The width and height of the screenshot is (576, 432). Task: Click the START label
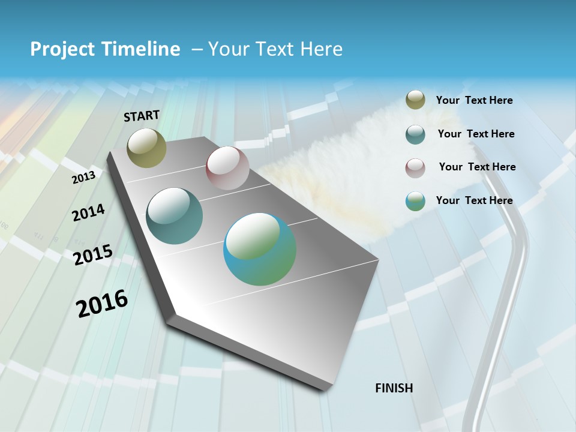point(142,116)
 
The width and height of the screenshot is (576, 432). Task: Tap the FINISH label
point(394,388)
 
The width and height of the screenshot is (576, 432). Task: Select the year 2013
point(83,177)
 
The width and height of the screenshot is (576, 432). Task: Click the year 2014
point(88,212)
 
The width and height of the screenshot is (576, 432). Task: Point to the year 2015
point(92,255)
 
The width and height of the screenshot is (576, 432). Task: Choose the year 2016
point(102,304)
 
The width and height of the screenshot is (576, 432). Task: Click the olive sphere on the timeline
point(147,148)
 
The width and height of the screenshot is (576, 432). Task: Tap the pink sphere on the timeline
point(227,168)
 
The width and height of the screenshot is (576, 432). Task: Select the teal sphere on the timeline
point(175,216)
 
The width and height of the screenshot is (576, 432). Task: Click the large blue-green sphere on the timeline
point(260,249)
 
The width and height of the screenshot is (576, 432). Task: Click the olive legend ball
point(415,100)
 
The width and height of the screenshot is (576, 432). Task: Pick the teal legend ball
point(415,134)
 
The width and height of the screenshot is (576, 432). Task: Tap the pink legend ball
point(415,167)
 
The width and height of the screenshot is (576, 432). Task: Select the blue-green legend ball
point(415,201)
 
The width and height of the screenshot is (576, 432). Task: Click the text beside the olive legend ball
point(474,100)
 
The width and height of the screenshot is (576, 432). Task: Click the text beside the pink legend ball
point(477,167)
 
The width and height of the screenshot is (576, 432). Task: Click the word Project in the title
point(62,49)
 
